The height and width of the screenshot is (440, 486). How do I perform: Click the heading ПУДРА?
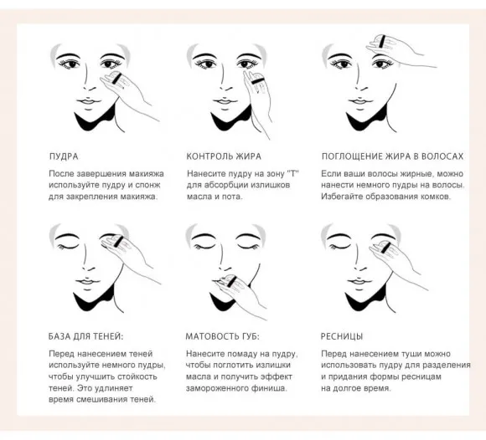tap(64, 156)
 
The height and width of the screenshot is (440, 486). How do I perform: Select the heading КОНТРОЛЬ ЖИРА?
tap(224, 156)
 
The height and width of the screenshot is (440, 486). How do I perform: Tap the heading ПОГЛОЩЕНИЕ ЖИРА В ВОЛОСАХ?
tap(392, 156)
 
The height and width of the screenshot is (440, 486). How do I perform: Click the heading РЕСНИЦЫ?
tap(342, 336)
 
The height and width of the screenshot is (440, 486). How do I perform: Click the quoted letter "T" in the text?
tap(292, 173)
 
